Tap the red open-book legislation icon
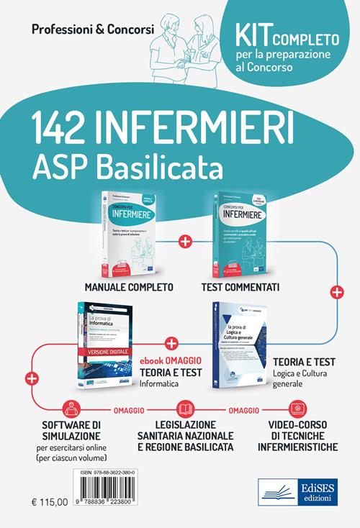(x=185, y=409)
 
